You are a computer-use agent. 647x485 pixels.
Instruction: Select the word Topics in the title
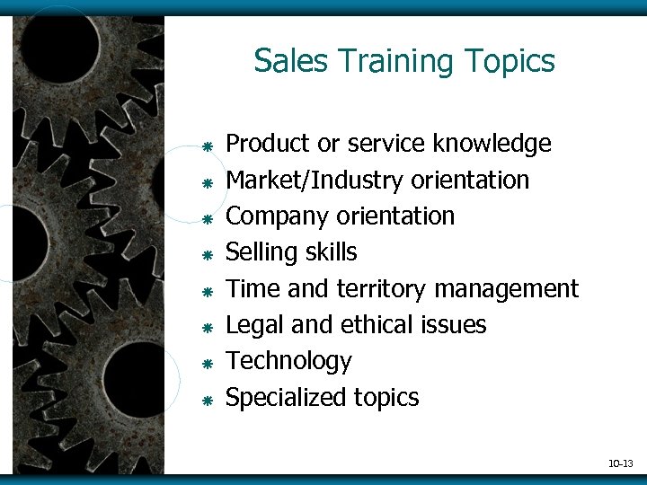click(x=510, y=61)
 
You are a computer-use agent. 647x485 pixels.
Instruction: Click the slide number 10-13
click(x=621, y=463)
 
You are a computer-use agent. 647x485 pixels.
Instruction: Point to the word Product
click(x=268, y=144)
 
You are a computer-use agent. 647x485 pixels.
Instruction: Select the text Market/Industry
click(x=315, y=180)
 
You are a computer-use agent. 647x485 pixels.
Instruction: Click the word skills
click(x=330, y=252)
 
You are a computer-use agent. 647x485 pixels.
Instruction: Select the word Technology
click(x=288, y=361)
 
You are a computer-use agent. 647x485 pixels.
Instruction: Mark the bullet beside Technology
click(x=206, y=364)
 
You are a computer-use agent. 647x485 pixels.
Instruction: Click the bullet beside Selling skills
click(x=206, y=255)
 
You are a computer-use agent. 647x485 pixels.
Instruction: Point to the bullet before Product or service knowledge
click(x=206, y=146)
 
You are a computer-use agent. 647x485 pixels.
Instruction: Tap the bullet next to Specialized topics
click(x=206, y=400)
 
